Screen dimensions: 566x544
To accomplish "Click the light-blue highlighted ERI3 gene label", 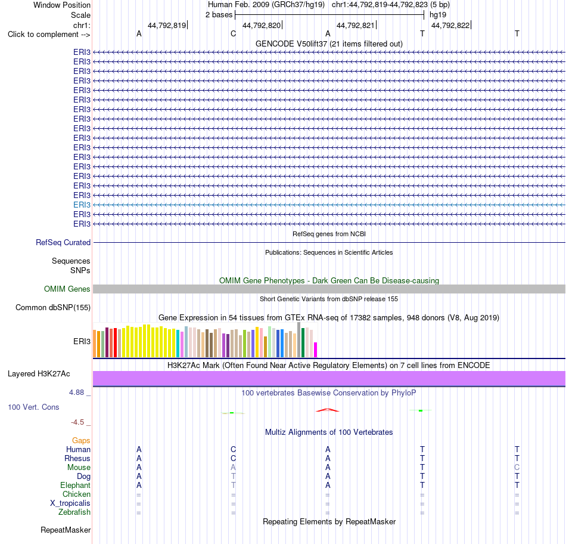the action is pyautogui.click(x=82, y=205).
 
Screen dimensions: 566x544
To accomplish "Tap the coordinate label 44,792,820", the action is pyautogui.click(x=262, y=25).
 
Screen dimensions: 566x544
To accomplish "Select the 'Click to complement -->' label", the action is pyautogui.click(x=49, y=35).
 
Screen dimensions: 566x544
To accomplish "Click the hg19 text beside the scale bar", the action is pyautogui.click(x=438, y=15).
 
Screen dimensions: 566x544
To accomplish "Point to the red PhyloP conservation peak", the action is pyautogui.click(x=328, y=410).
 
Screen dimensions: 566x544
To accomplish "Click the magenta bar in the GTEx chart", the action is pyautogui.click(x=316, y=350).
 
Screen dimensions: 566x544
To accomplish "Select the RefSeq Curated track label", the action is pyautogui.click(x=63, y=243).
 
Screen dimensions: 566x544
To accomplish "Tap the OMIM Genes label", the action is pyautogui.click(x=67, y=289).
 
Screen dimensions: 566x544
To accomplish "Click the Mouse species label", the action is pyautogui.click(x=79, y=468).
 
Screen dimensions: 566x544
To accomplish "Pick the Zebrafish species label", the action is pyautogui.click(x=74, y=512).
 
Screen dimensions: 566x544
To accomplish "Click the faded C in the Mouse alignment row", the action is pyautogui.click(x=517, y=468).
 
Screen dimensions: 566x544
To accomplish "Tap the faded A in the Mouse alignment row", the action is pyautogui.click(x=233, y=468).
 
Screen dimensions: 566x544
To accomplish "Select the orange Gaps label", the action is pyautogui.click(x=81, y=440).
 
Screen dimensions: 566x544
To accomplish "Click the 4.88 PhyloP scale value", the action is pyautogui.click(x=76, y=392).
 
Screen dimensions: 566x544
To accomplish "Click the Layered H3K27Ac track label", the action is pyautogui.click(x=39, y=374).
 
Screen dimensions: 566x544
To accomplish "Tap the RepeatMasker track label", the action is pyautogui.click(x=66, y=530).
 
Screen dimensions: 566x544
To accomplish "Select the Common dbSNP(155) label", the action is pyautogui.click(x=53, y=308).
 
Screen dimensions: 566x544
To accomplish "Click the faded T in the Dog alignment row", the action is pyautogui.click(x=233, y=477).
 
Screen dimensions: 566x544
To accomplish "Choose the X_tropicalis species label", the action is pyautogui.click(x=70, y=503).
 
